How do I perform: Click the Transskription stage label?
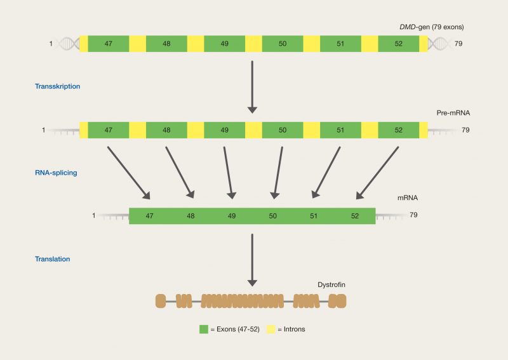pos(57,86)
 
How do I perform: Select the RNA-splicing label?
pos(57,172)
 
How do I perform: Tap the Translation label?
pos(53,259)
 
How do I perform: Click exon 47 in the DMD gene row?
pos(109,44)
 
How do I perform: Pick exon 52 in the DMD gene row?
pos(398,44)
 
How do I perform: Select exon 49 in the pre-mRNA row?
pos(224,130)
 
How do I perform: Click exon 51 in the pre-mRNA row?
pos(340,130)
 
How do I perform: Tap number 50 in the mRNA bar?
pos(272,216)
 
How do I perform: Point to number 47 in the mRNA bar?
pos(149,216)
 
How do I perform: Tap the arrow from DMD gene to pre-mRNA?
pos(252,86)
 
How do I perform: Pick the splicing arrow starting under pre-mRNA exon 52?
pos(377,173)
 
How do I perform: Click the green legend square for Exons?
pos(204,329)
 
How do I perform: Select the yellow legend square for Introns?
pos(271,329)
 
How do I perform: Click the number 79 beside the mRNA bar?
pos(413,215)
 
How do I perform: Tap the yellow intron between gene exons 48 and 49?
pos(196,44)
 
